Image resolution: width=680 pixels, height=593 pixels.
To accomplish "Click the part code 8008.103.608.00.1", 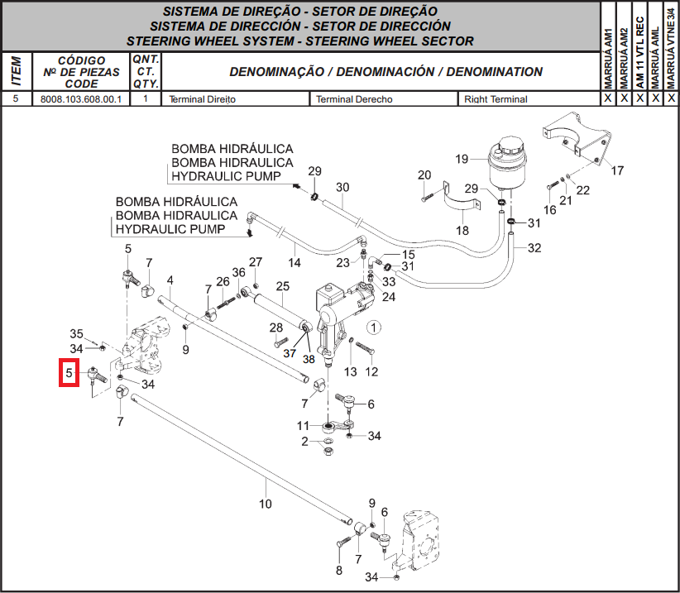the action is pos(81,99).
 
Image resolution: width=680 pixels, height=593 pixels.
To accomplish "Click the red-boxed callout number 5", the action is pos(69,373).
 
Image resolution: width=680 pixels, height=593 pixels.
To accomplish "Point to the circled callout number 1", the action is pos(373,328).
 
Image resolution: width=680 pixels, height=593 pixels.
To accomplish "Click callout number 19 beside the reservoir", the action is pos(462,159).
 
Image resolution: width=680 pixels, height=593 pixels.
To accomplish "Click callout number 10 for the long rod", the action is pos(266,504).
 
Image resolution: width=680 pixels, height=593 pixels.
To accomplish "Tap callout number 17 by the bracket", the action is pos(617,170).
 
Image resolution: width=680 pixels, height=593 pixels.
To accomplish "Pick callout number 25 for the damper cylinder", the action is pos(283,286).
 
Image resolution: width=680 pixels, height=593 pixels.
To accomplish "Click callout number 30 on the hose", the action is pos(342,187).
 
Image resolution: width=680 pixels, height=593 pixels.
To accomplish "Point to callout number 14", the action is pos(295,262).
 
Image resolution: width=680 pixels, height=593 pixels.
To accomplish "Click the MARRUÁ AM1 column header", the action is pos(608,59).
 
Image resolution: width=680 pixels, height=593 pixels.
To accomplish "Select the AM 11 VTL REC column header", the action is pos(640,53).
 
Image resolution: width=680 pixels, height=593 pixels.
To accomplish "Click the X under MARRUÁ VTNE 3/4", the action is pos(672,98).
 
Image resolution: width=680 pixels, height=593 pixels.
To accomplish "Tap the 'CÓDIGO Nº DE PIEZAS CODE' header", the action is pos(82,72).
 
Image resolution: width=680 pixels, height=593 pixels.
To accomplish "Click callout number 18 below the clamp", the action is pos(462,230).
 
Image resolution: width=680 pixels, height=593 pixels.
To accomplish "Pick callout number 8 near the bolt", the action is pos(339,571).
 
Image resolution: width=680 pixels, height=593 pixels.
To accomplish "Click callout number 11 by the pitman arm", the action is pos(303,426).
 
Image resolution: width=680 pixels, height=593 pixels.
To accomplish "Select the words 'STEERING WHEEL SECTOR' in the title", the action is pos(390,41).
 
